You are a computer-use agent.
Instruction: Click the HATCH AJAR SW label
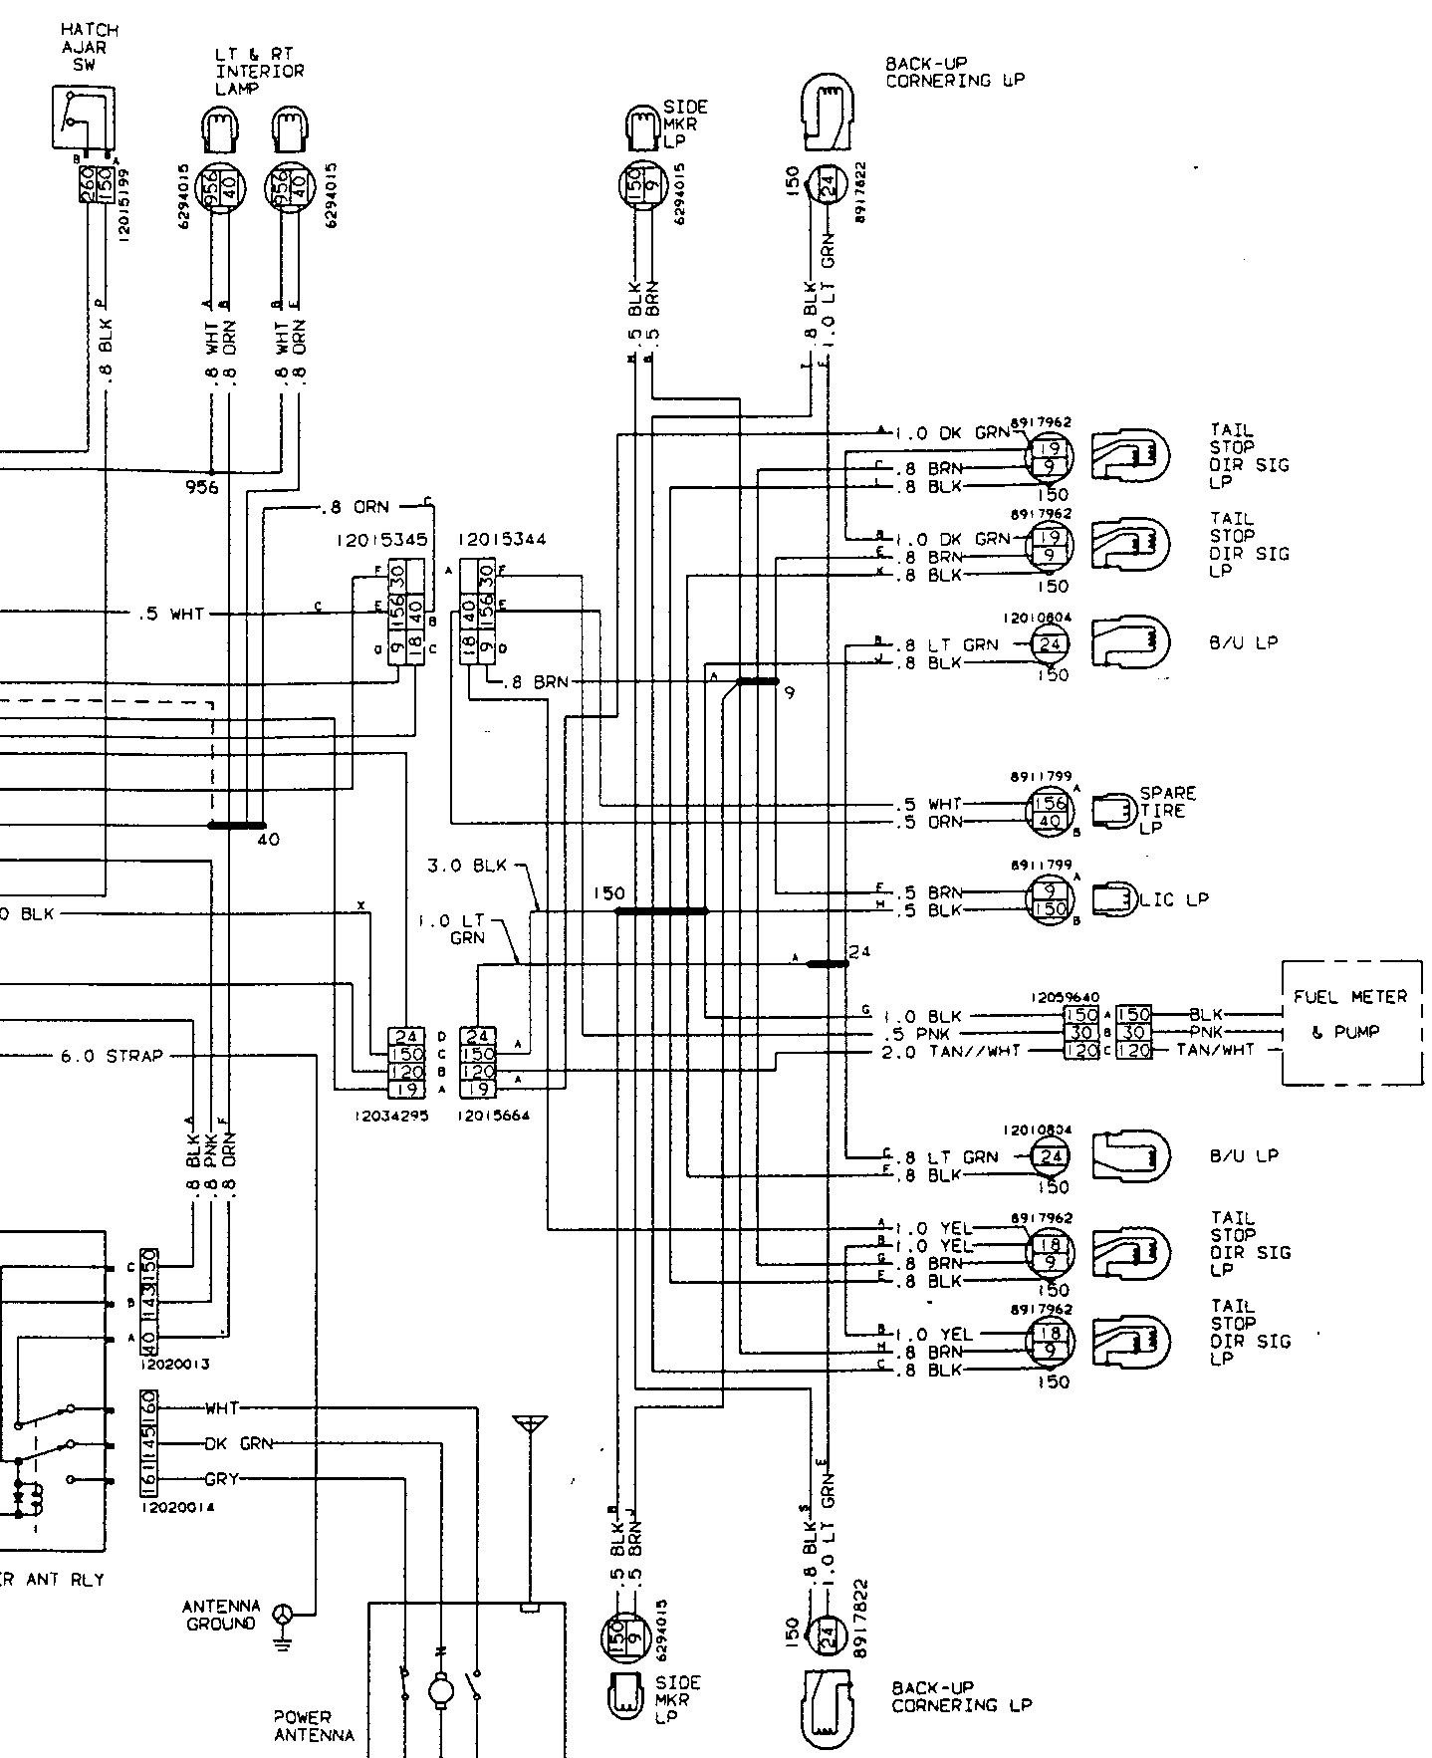click(89, 47)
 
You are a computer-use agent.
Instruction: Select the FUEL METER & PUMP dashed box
click(1350, 1022)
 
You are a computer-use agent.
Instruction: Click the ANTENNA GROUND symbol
click(284, 1614)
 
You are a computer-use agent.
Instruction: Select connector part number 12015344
click(501, 540)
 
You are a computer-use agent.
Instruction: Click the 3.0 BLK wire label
click(467, 866)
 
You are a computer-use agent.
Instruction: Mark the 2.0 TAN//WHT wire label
click(951, 1051)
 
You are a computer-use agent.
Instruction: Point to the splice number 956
click(201, 487)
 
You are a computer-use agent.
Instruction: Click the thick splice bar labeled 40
click(236, 825)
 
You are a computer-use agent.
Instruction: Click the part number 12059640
click(1064, 996)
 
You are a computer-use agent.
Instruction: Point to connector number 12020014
click(176, 1508)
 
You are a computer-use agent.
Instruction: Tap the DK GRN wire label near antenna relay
click(230, 1443)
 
